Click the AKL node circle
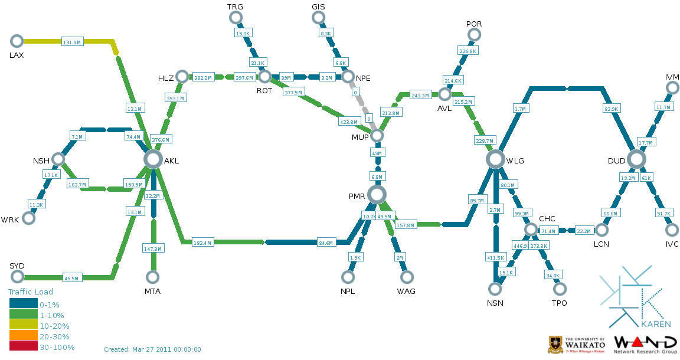point(153,159)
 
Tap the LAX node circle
point(17,41)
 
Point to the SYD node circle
point(17,277)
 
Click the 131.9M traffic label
point(72,42)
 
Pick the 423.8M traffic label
point(348,122)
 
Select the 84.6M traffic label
point(325,243)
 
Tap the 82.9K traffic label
point(611,109)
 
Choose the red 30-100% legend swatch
point(23,347)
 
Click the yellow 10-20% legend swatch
point(23,325)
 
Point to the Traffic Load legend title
point(30,292)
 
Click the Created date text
point(152,349)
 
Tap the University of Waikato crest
point(555,344)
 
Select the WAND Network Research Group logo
point(645,344)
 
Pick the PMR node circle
point(376,194)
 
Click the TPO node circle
point(559,289)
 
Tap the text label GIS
point(318,6)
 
